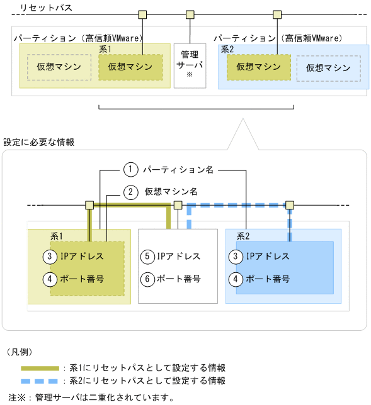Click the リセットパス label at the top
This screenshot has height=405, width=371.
coord(46,8)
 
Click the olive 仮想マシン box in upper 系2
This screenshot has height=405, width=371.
coord(258,66)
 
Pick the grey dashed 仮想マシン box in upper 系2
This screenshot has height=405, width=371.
coord(328,68)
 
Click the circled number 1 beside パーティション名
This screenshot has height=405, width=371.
coord(130,169)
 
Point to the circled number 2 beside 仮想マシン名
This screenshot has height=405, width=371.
coord(130,192)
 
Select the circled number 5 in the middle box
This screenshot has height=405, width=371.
coord(147,257)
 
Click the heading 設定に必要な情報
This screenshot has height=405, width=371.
coord(39,142)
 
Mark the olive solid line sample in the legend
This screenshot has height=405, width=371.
coord(41,368)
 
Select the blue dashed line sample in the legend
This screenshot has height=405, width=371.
coord(41,381)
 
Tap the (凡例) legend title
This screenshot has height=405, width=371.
coord(23,352)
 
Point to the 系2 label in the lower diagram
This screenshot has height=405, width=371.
coord(244,236)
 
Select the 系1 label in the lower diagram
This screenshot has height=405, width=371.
coord(56,236)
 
